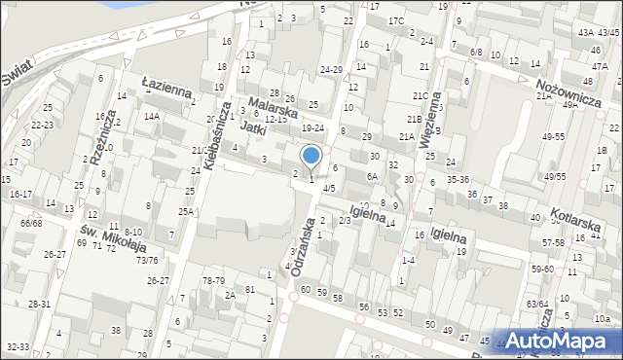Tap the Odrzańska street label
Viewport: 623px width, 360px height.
coord(305,246)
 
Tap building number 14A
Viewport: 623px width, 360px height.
coord(151,116)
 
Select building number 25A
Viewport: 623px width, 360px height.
coord(185,211)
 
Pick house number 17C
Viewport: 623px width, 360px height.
coord(395,20)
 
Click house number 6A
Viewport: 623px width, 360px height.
coord(371,176)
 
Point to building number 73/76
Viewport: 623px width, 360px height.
coord(147,260)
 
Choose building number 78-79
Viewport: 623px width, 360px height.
coord(213,281)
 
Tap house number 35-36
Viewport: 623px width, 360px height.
coord(458,179)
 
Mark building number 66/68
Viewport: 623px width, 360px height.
coord(31,224)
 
